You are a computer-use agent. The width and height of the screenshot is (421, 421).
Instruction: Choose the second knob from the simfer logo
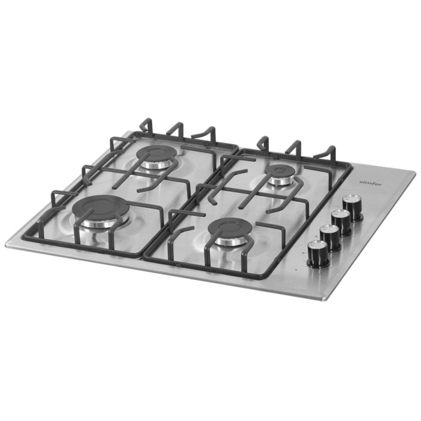(x=341, y=221)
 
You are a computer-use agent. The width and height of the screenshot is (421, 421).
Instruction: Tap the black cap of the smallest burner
(x=280, y=171)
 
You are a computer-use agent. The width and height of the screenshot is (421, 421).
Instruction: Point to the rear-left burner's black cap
(x=156, y=154)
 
